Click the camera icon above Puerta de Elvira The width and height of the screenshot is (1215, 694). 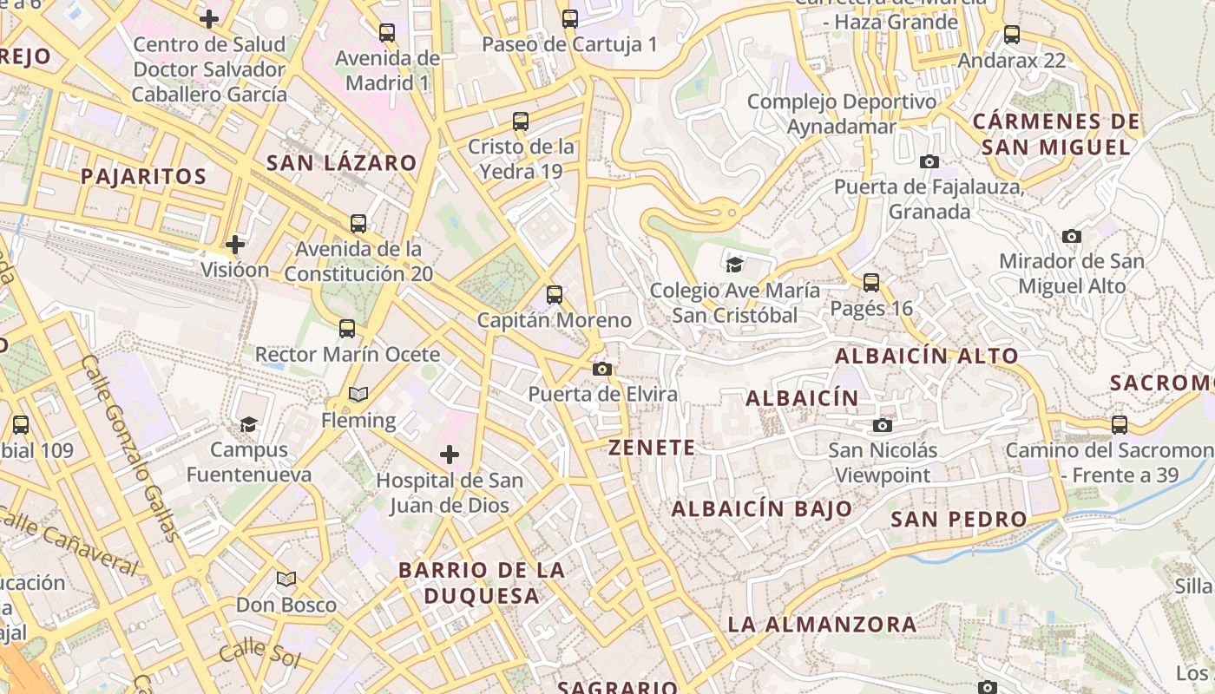click(601, 370)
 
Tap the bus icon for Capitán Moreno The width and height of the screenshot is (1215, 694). click(555, 295)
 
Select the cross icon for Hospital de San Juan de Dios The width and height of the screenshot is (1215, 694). click(450, 455)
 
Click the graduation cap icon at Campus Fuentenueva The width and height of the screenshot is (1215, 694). click(249, 424)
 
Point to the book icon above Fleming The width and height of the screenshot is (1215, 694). click(358, 395)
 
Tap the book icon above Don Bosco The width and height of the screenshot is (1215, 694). click(286, 579)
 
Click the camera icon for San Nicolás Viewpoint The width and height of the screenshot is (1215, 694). click(883, 425)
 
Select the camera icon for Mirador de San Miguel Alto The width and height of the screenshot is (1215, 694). click(1072, 236)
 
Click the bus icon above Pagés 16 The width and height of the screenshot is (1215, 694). click(871, 283)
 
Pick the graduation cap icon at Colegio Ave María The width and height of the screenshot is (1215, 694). click(735, 265)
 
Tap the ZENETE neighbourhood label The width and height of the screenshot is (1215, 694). click(652, 448)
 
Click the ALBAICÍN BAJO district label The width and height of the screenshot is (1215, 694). click(762, 509)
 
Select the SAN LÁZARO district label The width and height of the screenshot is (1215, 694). click(341, 163)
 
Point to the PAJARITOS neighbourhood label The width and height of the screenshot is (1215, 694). click(144, 177)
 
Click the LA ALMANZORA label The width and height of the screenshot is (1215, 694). click(822, 624)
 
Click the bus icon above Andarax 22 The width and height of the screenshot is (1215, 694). click(1012, 35)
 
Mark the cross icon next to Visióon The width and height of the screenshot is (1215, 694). click(235, 245)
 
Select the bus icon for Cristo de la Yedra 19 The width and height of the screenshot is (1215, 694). click(521, 121)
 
